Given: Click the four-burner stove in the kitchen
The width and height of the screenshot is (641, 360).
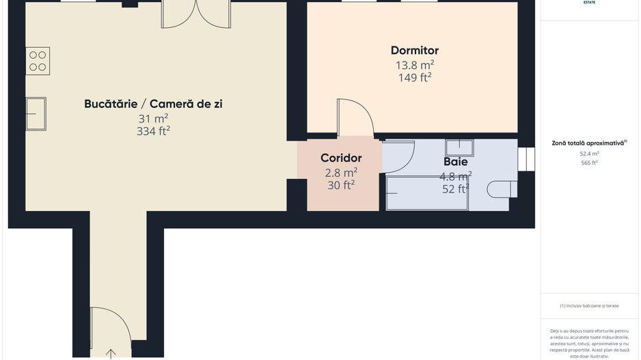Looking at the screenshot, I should (x=38, y=61).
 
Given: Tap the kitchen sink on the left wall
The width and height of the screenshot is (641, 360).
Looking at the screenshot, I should (x=36, y=113).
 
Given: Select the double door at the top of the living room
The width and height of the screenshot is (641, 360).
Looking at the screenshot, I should (x=196, y=13).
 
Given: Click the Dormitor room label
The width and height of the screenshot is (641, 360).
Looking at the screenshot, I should (x=414, y=51).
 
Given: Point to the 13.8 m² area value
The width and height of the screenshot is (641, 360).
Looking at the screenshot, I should (x=414, y=65).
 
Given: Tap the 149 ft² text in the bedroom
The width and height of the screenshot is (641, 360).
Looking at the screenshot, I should (x=414, y=78).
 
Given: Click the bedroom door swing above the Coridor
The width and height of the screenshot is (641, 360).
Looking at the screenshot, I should (x=355, y=117).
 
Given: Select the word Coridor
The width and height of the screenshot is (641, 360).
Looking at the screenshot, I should (x=341, y=158).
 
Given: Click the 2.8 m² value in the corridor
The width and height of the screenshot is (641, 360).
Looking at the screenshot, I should (x=341, y=172).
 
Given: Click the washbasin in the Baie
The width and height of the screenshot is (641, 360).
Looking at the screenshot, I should (x=459, y=148).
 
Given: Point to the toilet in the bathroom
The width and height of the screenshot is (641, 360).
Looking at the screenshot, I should (x=500, y=189).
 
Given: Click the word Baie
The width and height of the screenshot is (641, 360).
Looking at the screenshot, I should (x=455, y=163).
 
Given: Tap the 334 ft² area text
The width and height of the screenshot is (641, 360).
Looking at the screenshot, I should (x=153, y=131).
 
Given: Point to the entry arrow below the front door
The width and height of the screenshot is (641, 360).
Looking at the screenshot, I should (x=111, y=353).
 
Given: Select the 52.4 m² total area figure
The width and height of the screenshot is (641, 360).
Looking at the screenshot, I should (x=589, y=154).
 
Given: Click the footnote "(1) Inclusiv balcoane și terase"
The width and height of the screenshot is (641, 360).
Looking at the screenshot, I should (x=589, y=305).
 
